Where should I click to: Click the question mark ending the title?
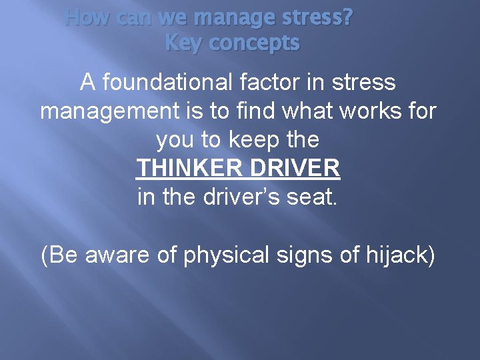[x=348, y=17]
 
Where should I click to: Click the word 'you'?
[x=175, y=141]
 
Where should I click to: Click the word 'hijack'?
[x=399, y=255]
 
